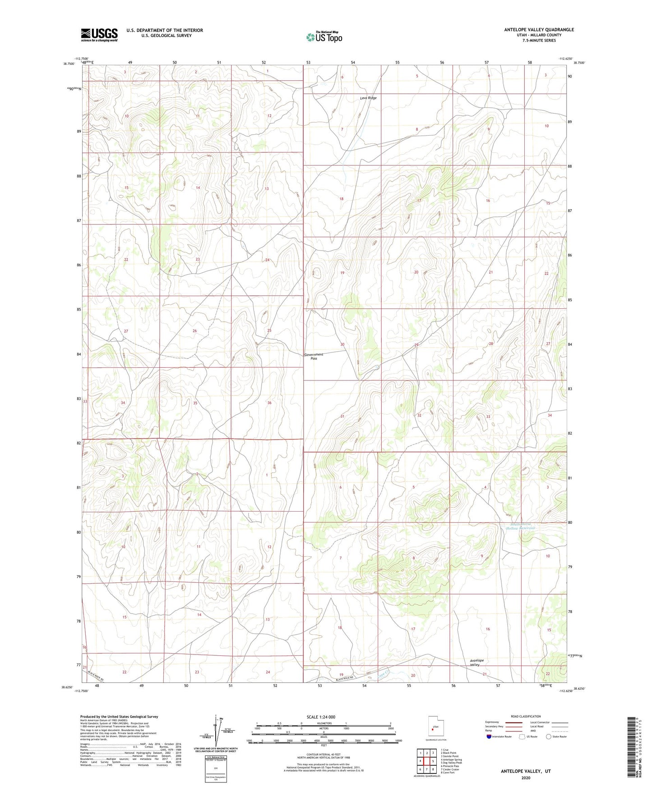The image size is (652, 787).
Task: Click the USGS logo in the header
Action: click(x=99, y=35)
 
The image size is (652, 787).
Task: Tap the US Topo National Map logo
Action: click(x=324, y=37)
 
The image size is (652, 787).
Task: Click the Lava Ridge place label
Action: click(x=368, y=98)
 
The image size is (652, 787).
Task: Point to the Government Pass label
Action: click(x=314, y=357)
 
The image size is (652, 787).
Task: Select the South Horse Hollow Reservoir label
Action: click(x=523, y=526)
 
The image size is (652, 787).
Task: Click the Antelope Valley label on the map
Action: click(x=476, y=663)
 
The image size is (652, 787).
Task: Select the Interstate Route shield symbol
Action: click(x=489, y=737)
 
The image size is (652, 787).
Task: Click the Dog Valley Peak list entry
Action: click(x=451, y=763)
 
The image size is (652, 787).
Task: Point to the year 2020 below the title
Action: click(x=526, y=778)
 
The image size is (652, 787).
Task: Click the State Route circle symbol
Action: click(x=549, y=737)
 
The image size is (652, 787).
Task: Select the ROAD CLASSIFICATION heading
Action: click(x=526, y=716)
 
